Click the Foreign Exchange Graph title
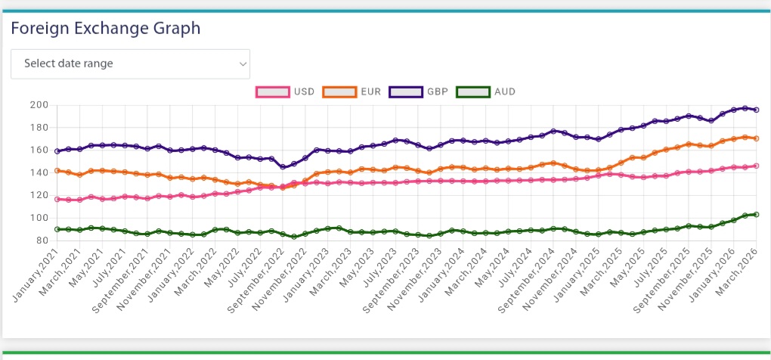(105, 29)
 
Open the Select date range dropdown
(130, 64)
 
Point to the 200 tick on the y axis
(40, 104)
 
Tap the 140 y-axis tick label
(40, 172)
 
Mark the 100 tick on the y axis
(40, 218)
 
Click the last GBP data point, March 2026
(756, 110)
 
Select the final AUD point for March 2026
(756, 214)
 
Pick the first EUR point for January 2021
(57, 170)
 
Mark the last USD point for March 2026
(756, 166)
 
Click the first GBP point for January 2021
(57, 151)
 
